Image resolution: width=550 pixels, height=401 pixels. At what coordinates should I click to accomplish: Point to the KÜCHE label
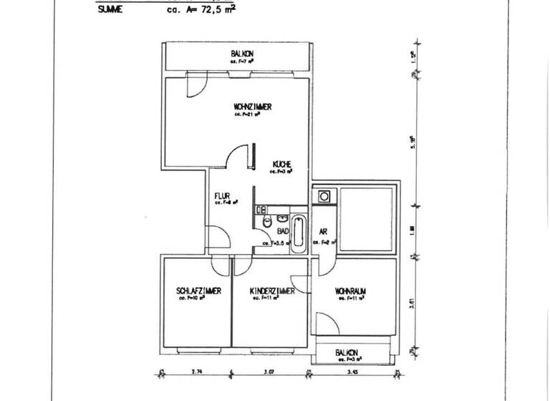pyautogui.click(x=280, y=164)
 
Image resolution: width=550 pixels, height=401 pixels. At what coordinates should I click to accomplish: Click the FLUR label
pyautogui.click(x=222, y=195)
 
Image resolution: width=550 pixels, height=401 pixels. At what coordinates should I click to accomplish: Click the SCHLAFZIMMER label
pyautogui.click(x=198, y=291)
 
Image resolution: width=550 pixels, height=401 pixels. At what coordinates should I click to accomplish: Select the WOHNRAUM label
pyautogui.click(x=350, y=291)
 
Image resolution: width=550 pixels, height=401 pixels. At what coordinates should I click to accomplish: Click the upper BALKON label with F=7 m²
pyautogui.click(x=241, y=54)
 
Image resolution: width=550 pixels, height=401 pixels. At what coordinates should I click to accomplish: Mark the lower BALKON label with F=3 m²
pyautogui.click(x=347, y=353)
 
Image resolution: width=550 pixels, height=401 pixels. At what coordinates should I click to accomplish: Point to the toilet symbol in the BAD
pyautogui.click(x=267, y=223)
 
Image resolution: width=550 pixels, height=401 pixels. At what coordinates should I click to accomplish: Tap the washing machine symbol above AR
pyautogui.click(x=324, y=195)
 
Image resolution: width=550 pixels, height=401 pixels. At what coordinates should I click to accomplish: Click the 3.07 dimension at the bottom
pyautogui.click(x=269, y=372)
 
